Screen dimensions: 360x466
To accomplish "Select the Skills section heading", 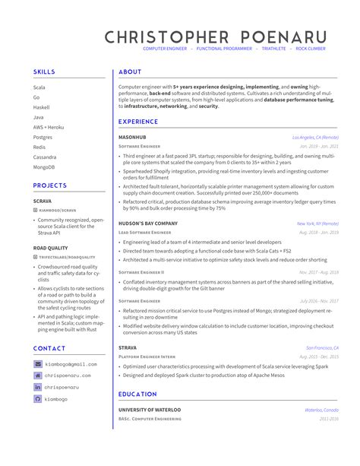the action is tap(44, 71).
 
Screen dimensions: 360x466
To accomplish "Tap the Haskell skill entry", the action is tap(41, 107).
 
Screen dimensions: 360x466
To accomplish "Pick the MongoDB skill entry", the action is tap(44, 166).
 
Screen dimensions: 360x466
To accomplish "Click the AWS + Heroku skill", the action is tap(48, 127).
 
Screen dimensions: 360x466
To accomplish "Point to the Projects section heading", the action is tap(51, 185).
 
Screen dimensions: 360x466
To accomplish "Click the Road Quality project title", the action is tap(50, 248).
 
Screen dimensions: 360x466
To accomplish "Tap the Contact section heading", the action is tap(49, 348).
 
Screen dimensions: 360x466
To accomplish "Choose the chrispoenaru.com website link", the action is tap(67, 376).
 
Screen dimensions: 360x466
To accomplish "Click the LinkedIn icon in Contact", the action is tap(38, 387).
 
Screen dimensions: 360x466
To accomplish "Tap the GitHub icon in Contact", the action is tap(38, 398).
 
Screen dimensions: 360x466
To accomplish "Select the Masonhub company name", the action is tap(134, 137).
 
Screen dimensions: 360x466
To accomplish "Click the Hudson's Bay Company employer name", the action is tap(147, 223).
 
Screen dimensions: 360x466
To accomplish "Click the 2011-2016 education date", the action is tap(329, 418).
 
